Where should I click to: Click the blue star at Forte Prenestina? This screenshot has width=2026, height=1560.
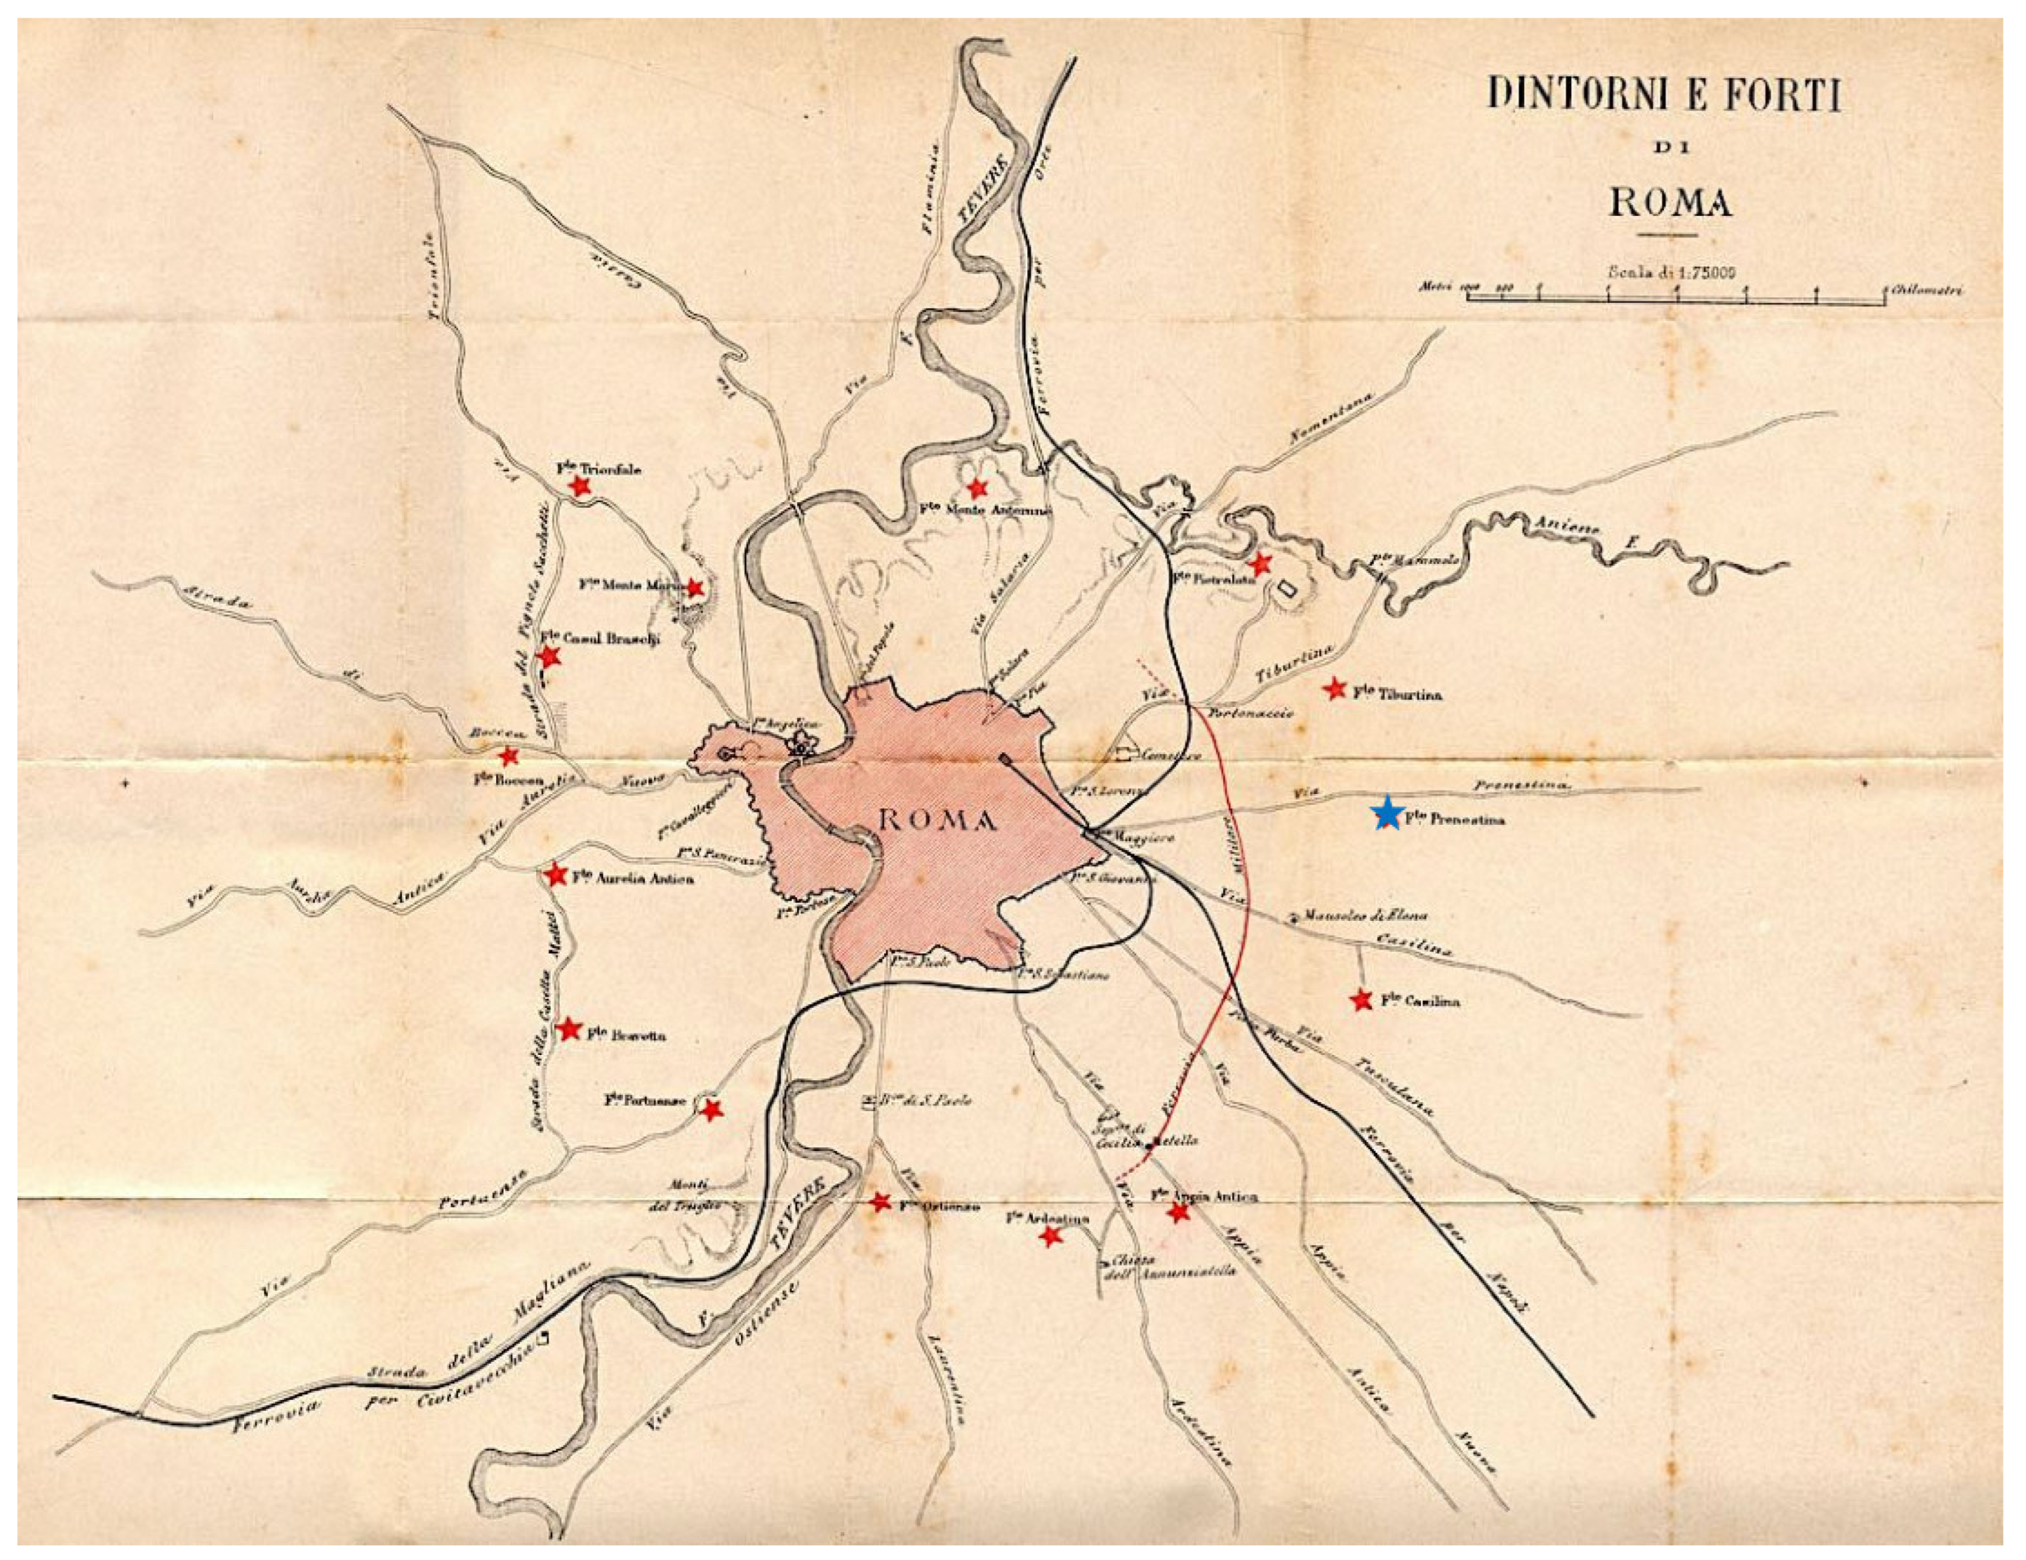click(1387, 814)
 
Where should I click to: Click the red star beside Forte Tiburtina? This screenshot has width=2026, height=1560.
click(1334, 688)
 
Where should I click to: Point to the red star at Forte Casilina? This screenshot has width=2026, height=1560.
click(1361, 1000)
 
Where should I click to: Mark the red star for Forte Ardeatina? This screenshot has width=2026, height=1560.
click(1050, 1235)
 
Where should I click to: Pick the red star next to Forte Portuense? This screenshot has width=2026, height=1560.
click(712, 1109)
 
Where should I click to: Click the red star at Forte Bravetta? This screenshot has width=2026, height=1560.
click(570, 1028)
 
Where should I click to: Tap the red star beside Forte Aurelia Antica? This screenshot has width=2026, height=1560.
click(556, 875)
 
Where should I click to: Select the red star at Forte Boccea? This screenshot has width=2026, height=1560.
click(508, 756)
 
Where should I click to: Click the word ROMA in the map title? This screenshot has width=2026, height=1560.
click(1670, 201)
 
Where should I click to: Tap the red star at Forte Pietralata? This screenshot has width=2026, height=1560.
click(1259, 564)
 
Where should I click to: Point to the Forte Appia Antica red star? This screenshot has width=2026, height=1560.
click(1178, 1211)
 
